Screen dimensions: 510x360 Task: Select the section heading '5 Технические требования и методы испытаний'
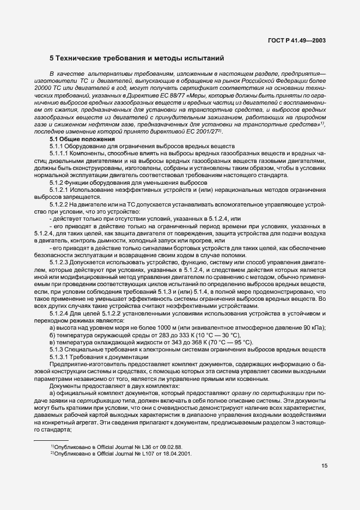click(137, 58)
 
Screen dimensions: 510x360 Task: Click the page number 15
click(324, 481)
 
